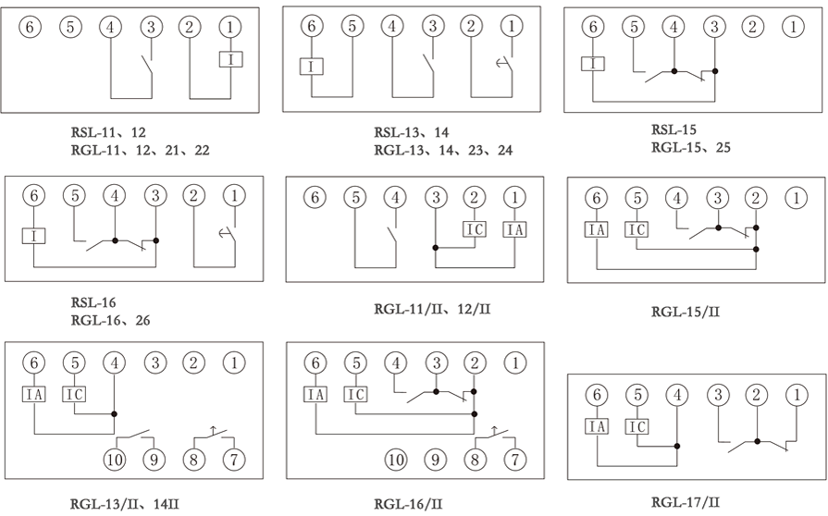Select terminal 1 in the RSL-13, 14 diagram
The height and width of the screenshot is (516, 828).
(x=510, y=27)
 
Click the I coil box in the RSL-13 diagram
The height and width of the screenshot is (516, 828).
(x=312, y=67)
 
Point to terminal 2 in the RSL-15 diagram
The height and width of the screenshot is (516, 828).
(x=754, y=27)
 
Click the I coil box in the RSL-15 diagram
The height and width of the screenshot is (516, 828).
(x=593, y=64)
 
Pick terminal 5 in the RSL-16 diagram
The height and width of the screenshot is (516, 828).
(x=74, y=196)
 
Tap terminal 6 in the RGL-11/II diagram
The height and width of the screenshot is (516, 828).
(x=315, y=197)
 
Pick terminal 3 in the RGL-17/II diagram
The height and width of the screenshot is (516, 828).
(x=718, y=396)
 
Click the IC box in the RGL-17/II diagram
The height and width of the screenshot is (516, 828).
(x=637, y=426)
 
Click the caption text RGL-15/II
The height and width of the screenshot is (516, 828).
(x=686, y=312)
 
